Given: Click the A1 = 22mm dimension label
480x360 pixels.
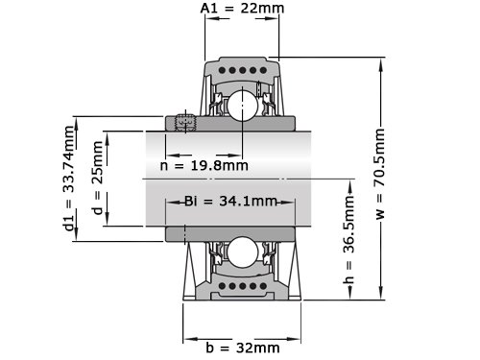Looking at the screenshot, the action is (x=242, y=8).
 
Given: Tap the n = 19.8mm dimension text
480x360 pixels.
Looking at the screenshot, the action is (x=204, y=166).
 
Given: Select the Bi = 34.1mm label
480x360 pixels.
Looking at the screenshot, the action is (x=230, y=202).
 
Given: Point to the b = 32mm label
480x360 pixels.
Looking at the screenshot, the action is (x=243, y=348).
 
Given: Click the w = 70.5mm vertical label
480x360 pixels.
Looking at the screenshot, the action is (x=379, y=174).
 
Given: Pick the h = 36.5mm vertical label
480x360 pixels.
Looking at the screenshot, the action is (x=349, y=239).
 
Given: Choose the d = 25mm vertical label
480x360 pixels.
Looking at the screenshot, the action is (x=97, y=178).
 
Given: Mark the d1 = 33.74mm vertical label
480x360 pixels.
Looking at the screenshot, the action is (x=68, y=179).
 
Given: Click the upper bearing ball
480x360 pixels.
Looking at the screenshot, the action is (x=242, y=106).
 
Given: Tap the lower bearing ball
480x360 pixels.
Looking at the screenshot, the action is (x=242, y=252).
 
